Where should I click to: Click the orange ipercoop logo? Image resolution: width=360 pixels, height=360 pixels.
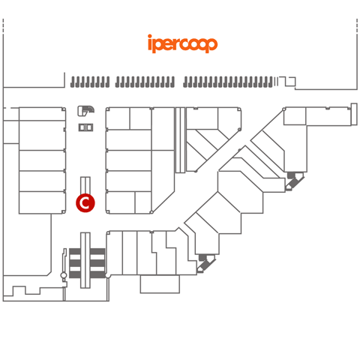click(182, 43)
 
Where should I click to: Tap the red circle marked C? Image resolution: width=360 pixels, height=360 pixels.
click(85, 202)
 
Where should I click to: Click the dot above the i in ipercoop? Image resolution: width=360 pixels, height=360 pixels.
click(150, 36)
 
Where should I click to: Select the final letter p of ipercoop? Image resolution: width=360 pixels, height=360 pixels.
click(211, 45)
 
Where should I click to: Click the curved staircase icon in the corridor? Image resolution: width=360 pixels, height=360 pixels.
click(85, 111)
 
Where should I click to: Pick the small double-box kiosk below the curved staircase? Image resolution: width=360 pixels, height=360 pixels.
click(85, 127)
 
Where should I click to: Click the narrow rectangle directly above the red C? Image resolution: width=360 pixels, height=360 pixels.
click(85, 185)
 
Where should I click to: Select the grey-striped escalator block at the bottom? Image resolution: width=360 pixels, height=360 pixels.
click(87, 263)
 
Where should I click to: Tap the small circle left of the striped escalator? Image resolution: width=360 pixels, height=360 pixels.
click(64, 275)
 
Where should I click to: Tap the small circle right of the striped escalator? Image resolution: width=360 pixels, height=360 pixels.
click(108, 275)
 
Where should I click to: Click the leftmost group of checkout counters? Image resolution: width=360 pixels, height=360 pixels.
click(90, 82)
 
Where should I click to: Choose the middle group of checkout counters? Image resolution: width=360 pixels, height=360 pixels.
click(145, 82)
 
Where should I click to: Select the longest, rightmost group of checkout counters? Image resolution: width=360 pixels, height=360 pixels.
click(228, 82)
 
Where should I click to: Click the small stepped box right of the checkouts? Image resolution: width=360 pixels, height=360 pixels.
click(287, 81)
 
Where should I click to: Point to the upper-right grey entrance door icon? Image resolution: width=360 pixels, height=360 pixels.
click(295, 181)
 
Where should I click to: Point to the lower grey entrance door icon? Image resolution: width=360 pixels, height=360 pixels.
click(206, 263)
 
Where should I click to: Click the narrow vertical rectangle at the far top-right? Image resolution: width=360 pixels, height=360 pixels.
click(354, 114)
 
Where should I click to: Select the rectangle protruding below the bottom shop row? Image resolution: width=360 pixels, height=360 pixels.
click(160, 284)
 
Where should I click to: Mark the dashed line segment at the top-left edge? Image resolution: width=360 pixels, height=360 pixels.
click(3, 25)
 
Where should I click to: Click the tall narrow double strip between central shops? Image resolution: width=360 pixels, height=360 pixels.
click(180, 140)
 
